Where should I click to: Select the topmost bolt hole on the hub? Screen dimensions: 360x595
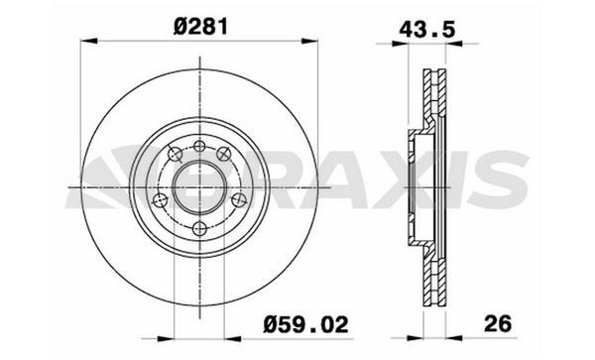tap(201, 147)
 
